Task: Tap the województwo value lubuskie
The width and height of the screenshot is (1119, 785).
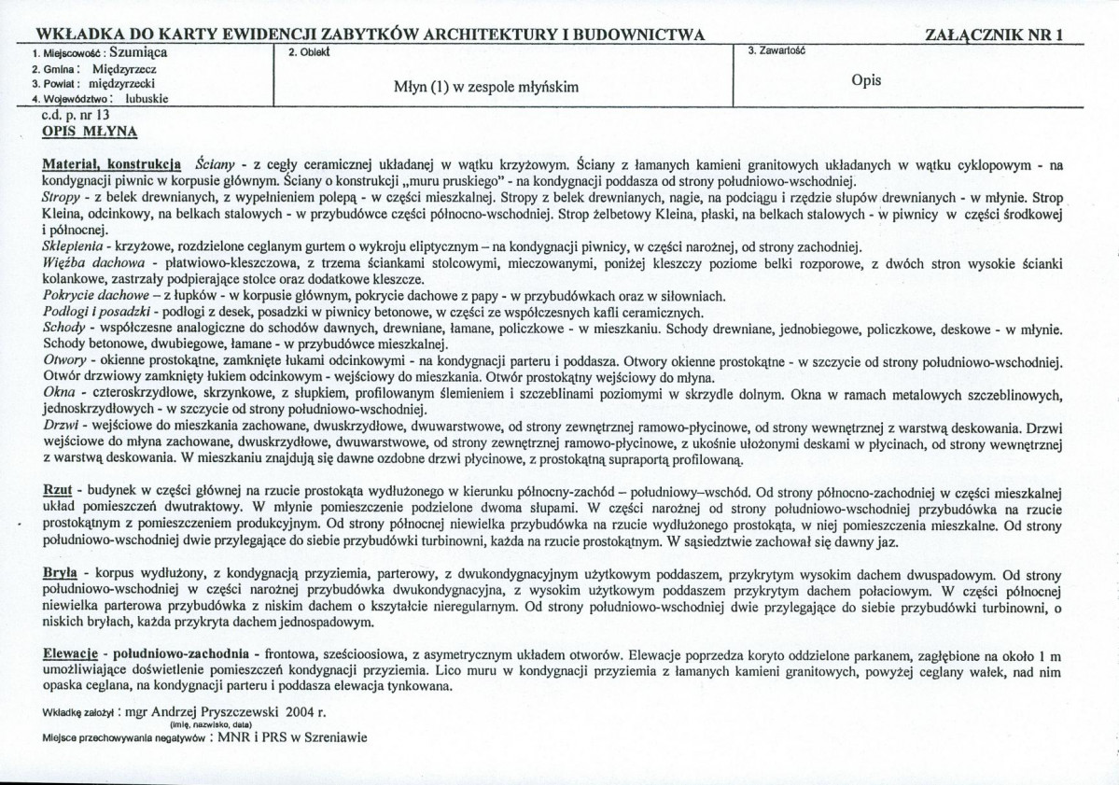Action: coord(144,97)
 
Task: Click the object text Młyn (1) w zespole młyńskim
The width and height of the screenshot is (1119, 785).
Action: coord(487,87)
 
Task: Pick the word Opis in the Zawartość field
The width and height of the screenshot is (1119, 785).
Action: coord(866,80)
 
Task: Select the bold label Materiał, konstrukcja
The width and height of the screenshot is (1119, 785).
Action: coord(112,163)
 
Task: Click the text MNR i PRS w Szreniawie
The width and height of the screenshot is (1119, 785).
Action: coord(292,736)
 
